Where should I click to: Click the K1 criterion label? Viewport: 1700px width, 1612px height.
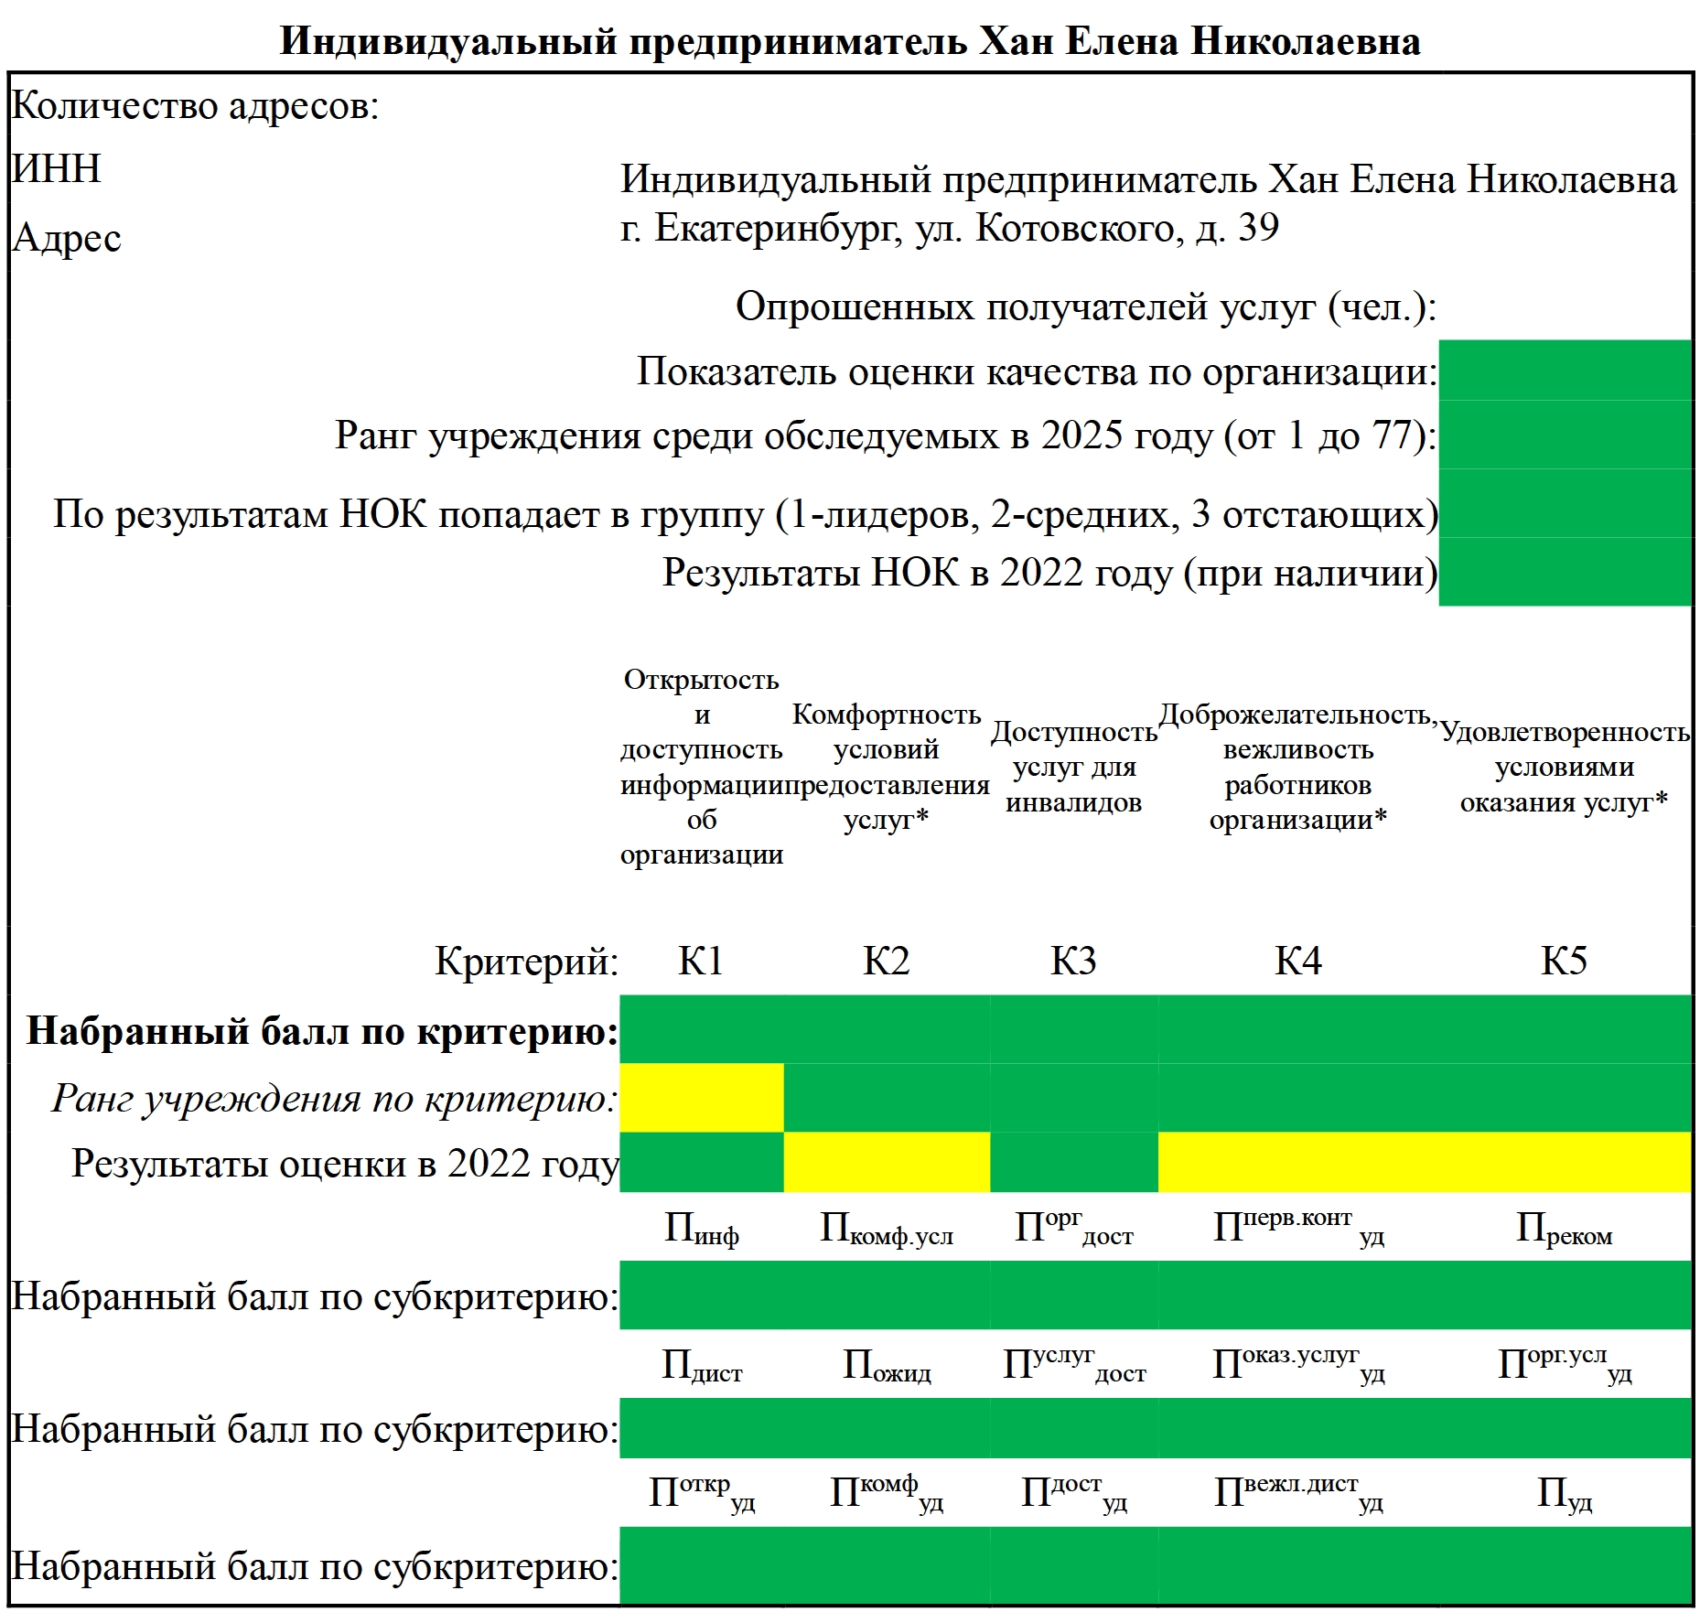click(x=701, y=961)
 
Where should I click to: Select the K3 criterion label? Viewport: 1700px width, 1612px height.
click(x=1073, y=961)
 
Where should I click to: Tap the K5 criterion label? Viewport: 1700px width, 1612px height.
click(x=1564, y=961)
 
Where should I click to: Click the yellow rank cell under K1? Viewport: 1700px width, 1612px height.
click(x=701, y=1097)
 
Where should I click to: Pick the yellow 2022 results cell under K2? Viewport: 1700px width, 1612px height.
click(x=886, y=1162)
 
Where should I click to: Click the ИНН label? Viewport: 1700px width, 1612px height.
click(x=57, y=169)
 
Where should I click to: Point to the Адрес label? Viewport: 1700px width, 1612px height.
click(x=67, y=238)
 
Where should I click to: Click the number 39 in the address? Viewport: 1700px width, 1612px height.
click(x=1258, y=228)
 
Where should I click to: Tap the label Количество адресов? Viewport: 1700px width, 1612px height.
click(x=194, y=106)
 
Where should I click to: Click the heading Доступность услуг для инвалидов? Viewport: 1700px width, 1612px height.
click(x=1073, y=767)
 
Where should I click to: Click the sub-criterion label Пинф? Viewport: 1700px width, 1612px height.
click(x=701, y=1229)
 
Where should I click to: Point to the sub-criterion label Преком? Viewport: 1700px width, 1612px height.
click(x=1564, y=1229)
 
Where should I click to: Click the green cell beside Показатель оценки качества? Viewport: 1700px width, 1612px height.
click(x=1564, y=371)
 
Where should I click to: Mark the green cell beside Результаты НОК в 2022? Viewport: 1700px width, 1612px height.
click(x=1564, y=572)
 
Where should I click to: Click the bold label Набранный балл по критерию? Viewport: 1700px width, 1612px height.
click(x=322, y=1031)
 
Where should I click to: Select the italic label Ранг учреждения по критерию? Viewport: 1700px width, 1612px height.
click(x=334, y=1098)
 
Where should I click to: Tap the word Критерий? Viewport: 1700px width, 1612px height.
click(x=526, y=962)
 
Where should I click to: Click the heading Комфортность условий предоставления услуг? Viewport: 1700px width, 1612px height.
click(x=886, y=767)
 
